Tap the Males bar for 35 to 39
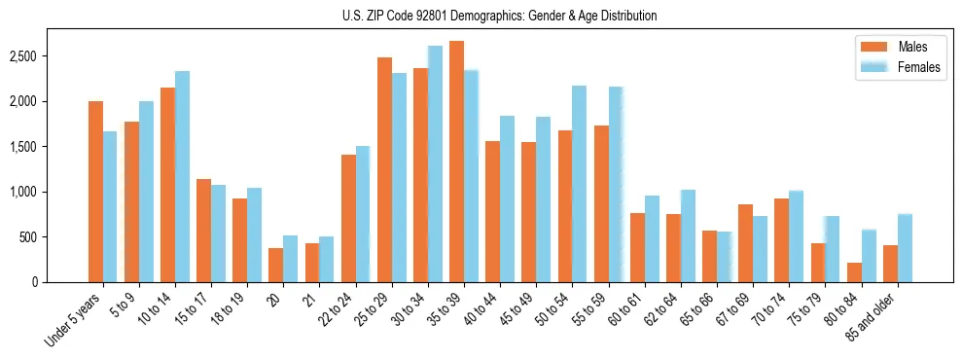point(457,162)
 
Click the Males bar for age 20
point(276,265)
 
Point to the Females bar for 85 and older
point(905,248)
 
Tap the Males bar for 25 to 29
point(384,169)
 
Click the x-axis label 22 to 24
point(347,306)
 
